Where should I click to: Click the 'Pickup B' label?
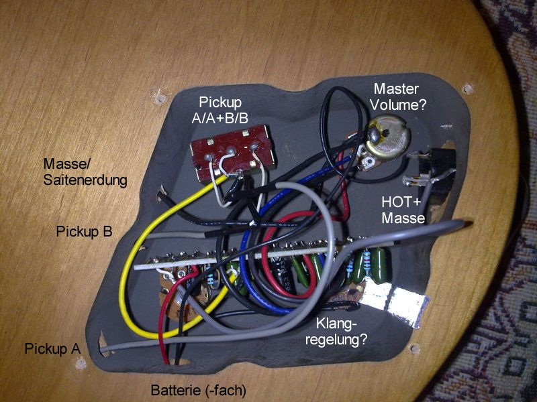coord(85,232)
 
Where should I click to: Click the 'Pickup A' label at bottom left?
coord(52,348)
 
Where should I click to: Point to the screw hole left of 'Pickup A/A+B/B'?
coord(159,98)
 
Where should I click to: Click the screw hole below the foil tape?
coord(416,348)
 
